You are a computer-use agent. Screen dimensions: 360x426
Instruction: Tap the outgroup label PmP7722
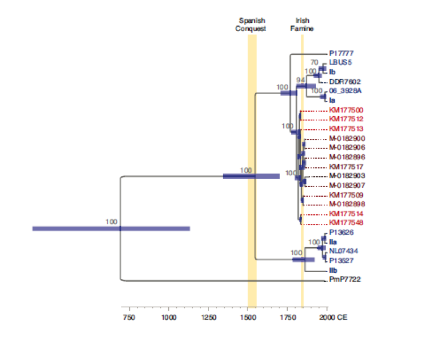click(345, 280)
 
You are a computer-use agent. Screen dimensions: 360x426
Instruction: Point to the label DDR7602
click(342, 82)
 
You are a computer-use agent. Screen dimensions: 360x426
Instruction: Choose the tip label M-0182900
click(347, 138)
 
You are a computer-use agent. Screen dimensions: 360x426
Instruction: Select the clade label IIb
click(333, 270)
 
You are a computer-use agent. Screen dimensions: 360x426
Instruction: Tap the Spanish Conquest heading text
click(252, 24)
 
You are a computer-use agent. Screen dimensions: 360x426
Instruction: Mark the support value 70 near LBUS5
click(314, 62)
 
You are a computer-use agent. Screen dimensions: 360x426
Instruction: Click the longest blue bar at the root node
click(111, 228)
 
